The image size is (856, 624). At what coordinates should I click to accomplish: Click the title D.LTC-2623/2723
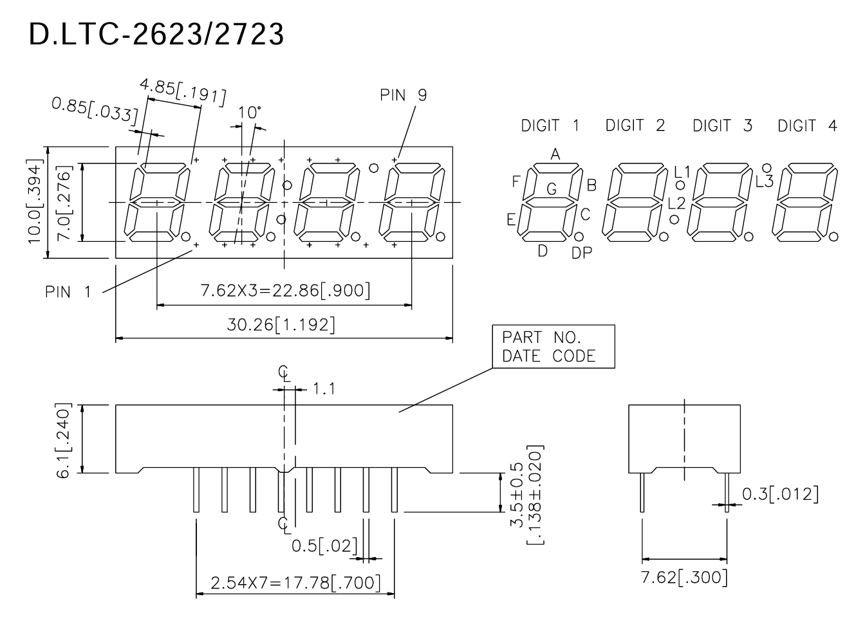click(x=156, y=34)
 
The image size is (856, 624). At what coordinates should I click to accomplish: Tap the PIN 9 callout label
click(x=403, y=95)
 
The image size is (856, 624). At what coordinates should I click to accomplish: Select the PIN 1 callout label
click(x=68, y=292)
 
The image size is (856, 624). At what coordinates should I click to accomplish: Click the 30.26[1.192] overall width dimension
click(x=281, y=325)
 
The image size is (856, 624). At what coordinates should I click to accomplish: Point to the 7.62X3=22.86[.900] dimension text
click(x=286, y=291)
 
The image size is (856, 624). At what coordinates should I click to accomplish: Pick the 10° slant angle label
click(x=250, y=113)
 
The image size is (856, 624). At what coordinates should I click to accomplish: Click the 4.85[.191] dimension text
click(x=183, y=92)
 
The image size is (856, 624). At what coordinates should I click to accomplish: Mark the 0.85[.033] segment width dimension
click(x=95, y=111)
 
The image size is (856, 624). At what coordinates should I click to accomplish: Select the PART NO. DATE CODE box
click(x=554, y=346)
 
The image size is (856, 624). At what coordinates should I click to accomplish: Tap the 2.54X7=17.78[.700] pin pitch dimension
click(x=296, y=583)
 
